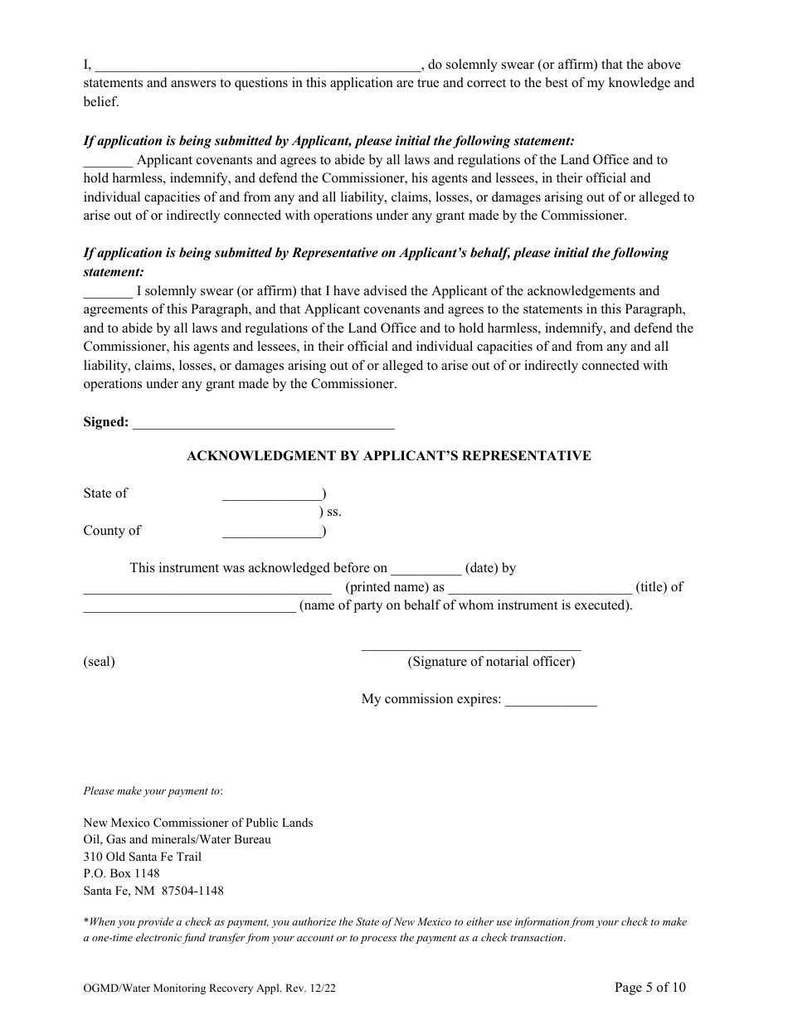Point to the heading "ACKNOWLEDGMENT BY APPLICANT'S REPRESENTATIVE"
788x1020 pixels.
[x=389, y=456]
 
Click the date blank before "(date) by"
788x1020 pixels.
[x=426, y=570]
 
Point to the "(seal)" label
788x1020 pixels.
[x=99, y=662]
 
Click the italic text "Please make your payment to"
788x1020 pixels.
[x=153, y=791]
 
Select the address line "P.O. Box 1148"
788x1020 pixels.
[x=122, y=873]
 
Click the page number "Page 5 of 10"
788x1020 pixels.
[x=649, y=987]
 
